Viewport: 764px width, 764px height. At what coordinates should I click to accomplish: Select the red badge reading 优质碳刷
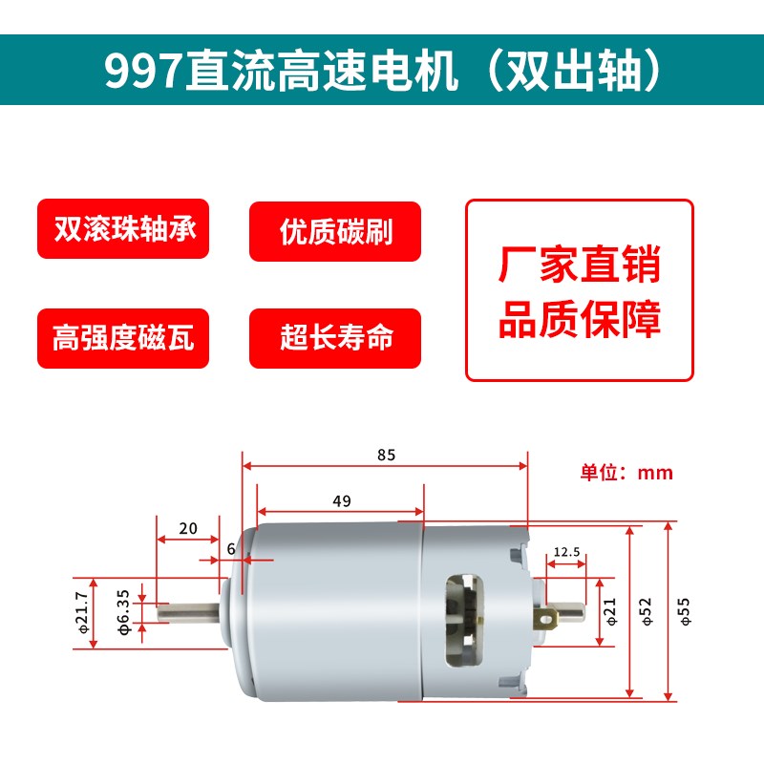pos(335,231)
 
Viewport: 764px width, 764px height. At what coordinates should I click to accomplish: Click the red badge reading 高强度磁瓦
pos(123,338)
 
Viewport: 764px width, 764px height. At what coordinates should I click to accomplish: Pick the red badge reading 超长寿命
pos(335,338)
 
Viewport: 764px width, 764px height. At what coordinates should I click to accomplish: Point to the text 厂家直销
pos(579,265)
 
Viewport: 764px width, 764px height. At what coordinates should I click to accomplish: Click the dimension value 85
pos(386,455)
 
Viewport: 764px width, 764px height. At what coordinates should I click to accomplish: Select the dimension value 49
pos(342,500)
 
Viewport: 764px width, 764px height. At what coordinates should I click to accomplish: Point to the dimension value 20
pos(187,528)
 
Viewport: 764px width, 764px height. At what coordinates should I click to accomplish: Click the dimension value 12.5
pos(566,552)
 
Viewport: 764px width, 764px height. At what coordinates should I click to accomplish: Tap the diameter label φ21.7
pos(81,613)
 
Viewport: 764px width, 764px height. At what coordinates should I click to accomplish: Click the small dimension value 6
pos(231,549)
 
